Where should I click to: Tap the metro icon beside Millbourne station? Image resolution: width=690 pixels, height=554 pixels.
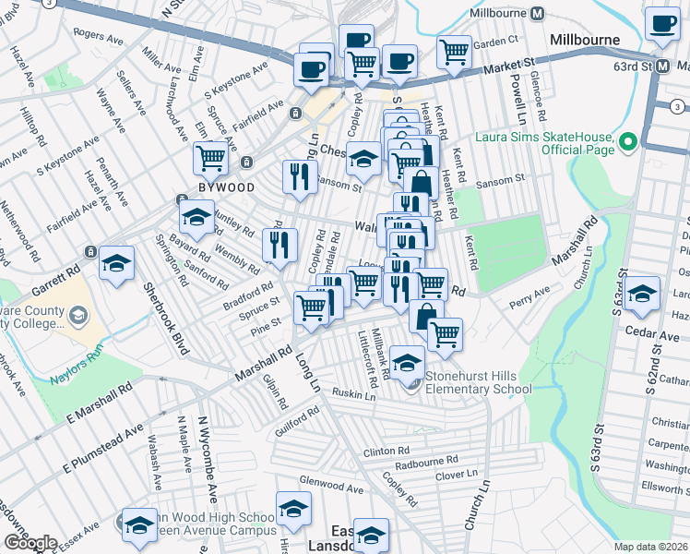click(x=538, y=14)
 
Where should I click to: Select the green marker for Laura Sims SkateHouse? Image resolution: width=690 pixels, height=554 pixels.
click(x=628, y=142)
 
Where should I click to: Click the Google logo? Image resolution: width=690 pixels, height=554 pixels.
click(x=30, y=543)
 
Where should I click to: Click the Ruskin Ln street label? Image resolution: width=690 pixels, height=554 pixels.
click(x=355, y=395)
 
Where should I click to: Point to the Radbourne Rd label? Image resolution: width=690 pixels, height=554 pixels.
click(x=426, y=461)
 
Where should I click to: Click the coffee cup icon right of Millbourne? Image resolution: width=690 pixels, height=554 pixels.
click(x=661, y=24)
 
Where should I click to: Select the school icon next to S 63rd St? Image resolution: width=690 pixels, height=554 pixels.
click(x=642, y=293)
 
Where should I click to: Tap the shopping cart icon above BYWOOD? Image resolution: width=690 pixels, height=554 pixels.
click(x=211, y=158)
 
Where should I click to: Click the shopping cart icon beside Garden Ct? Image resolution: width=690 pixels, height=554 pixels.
click(x=454, y=52)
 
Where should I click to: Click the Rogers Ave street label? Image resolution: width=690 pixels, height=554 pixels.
click(x=99, y=35)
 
